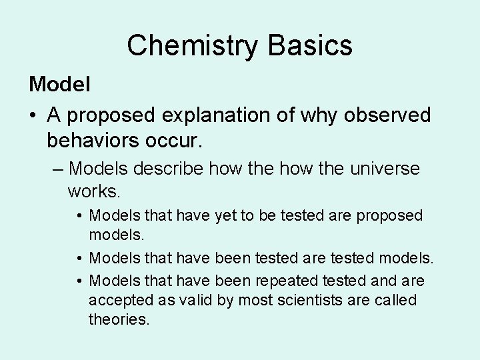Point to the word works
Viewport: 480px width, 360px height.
point(94,192)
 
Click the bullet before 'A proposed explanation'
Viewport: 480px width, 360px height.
point(33,116)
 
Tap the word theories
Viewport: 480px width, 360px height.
point(119,320)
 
